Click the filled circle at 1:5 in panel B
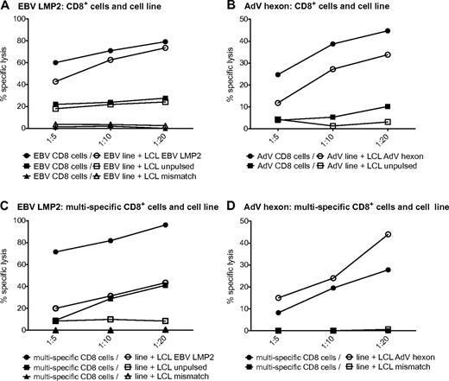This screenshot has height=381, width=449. pyautogui.click(x=277, y=74)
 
